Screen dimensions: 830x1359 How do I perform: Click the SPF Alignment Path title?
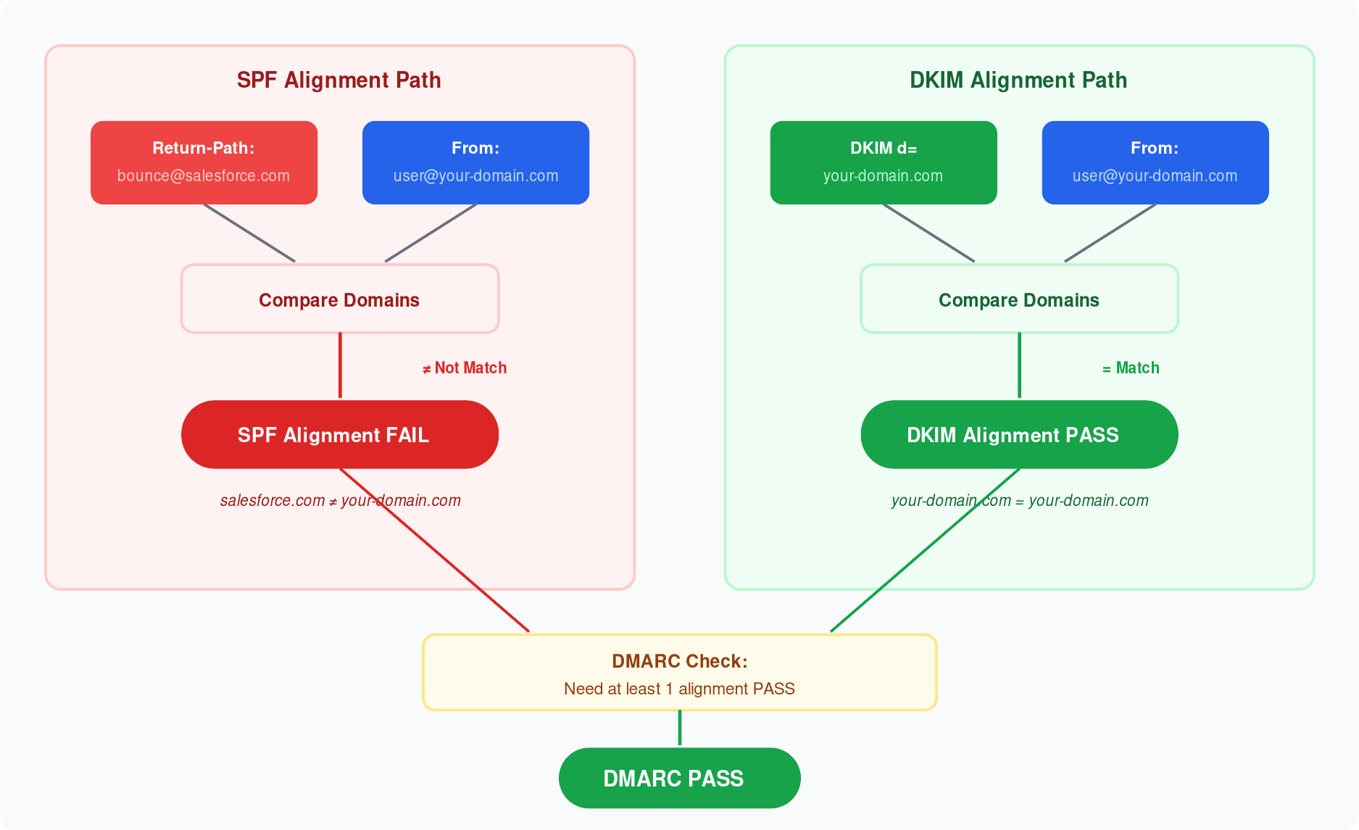point(338,80)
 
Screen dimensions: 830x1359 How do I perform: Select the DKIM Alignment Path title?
point(1018,80)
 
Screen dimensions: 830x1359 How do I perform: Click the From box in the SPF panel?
point(475,162)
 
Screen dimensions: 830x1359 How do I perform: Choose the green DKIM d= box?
point(883,162)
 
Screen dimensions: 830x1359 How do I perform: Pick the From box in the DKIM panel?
point(1155,162)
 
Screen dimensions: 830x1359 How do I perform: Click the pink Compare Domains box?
point(339,299)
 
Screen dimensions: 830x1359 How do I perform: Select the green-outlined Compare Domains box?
point(1018,299)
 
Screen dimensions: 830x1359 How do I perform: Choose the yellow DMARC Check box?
point(679,673)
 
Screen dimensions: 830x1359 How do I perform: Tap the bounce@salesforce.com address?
point(204,176)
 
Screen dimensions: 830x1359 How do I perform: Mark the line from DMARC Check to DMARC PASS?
point(679,728)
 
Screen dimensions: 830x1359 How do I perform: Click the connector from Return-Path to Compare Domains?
point(249,233)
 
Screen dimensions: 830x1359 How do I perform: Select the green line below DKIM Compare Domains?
point(1019,365)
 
